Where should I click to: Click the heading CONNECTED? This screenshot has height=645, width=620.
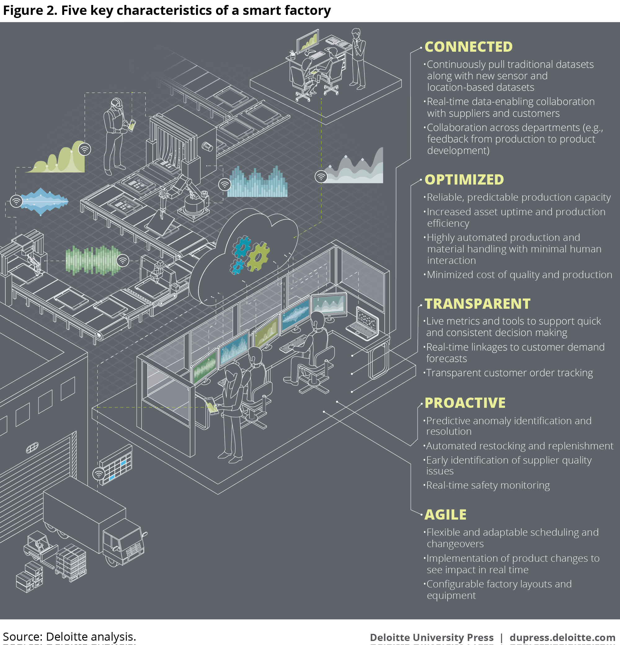pos(468,47)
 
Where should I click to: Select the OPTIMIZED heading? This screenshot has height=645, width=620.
pos(464,180)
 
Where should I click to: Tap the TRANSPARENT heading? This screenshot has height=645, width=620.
pos(477,304)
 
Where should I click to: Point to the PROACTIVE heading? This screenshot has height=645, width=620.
pos(465,403)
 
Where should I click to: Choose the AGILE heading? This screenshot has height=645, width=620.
pos(445,515)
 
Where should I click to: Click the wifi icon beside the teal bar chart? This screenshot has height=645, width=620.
pos(224,185)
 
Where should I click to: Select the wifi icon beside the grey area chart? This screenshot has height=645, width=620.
pos(321,177)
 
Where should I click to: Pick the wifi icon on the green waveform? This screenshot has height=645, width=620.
pos(122,261)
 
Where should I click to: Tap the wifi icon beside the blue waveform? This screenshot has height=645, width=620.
pos(16,201)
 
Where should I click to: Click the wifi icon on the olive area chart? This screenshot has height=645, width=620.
pos(85,149)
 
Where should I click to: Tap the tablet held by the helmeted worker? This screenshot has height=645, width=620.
pos(132,125)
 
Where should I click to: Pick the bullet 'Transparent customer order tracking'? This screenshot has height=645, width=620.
pos(509,373)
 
